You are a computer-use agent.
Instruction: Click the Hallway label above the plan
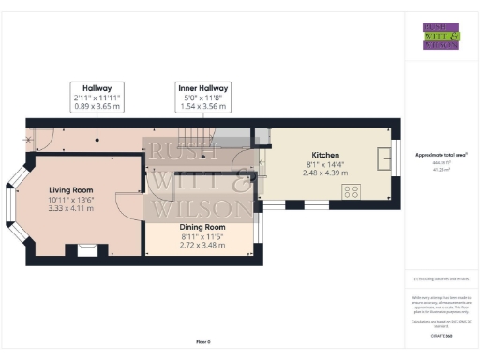[97, 87]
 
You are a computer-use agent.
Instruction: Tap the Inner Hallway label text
[203, 87]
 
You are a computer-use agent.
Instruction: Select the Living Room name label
[72, 188]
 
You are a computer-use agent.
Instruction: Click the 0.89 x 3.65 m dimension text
[97, 106]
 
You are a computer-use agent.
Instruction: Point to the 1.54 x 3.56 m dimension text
[203, 106]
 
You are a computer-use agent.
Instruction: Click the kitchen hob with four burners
[353, 191]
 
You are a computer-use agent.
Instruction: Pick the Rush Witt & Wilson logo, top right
[441, 35]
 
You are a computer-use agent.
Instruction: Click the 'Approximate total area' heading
[441, 154]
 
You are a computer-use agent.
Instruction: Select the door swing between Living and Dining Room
[128, 205]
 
